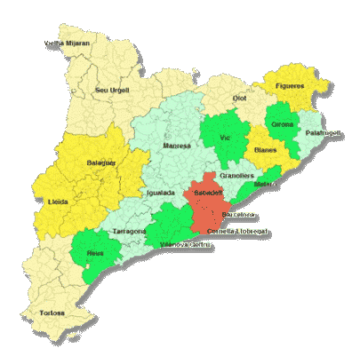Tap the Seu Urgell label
click(112, 90)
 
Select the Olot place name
click(239, 98)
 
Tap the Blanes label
click(265, 150)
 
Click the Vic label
click(225, 138)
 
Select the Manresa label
click(177, 145)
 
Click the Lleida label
click(59, 202)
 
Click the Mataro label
click(265, 184)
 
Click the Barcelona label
click(238, 215)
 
